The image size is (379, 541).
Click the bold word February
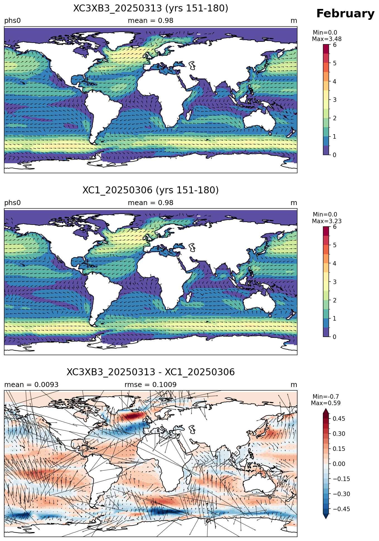point(345,14)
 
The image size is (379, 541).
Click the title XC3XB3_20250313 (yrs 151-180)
point(151,8)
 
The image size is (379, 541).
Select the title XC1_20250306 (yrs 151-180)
point(151,190)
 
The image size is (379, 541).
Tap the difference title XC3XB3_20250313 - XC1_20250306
point(151,372)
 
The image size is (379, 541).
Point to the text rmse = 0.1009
point(151,385)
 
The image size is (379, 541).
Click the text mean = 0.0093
point(31,385)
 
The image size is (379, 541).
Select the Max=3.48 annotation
point(327,39)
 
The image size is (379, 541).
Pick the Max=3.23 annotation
point(327,221)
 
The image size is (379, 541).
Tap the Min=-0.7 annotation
point(326,397)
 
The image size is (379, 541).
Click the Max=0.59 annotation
point(326,403)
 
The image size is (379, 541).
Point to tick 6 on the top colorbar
point(335,45)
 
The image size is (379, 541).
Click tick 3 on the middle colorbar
point(335,282)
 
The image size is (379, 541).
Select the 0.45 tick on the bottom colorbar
point(339,419)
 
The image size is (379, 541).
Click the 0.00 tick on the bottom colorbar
point(339,464)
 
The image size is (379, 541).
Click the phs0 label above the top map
point(13,21)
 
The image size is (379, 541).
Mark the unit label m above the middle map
point(294,203)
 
